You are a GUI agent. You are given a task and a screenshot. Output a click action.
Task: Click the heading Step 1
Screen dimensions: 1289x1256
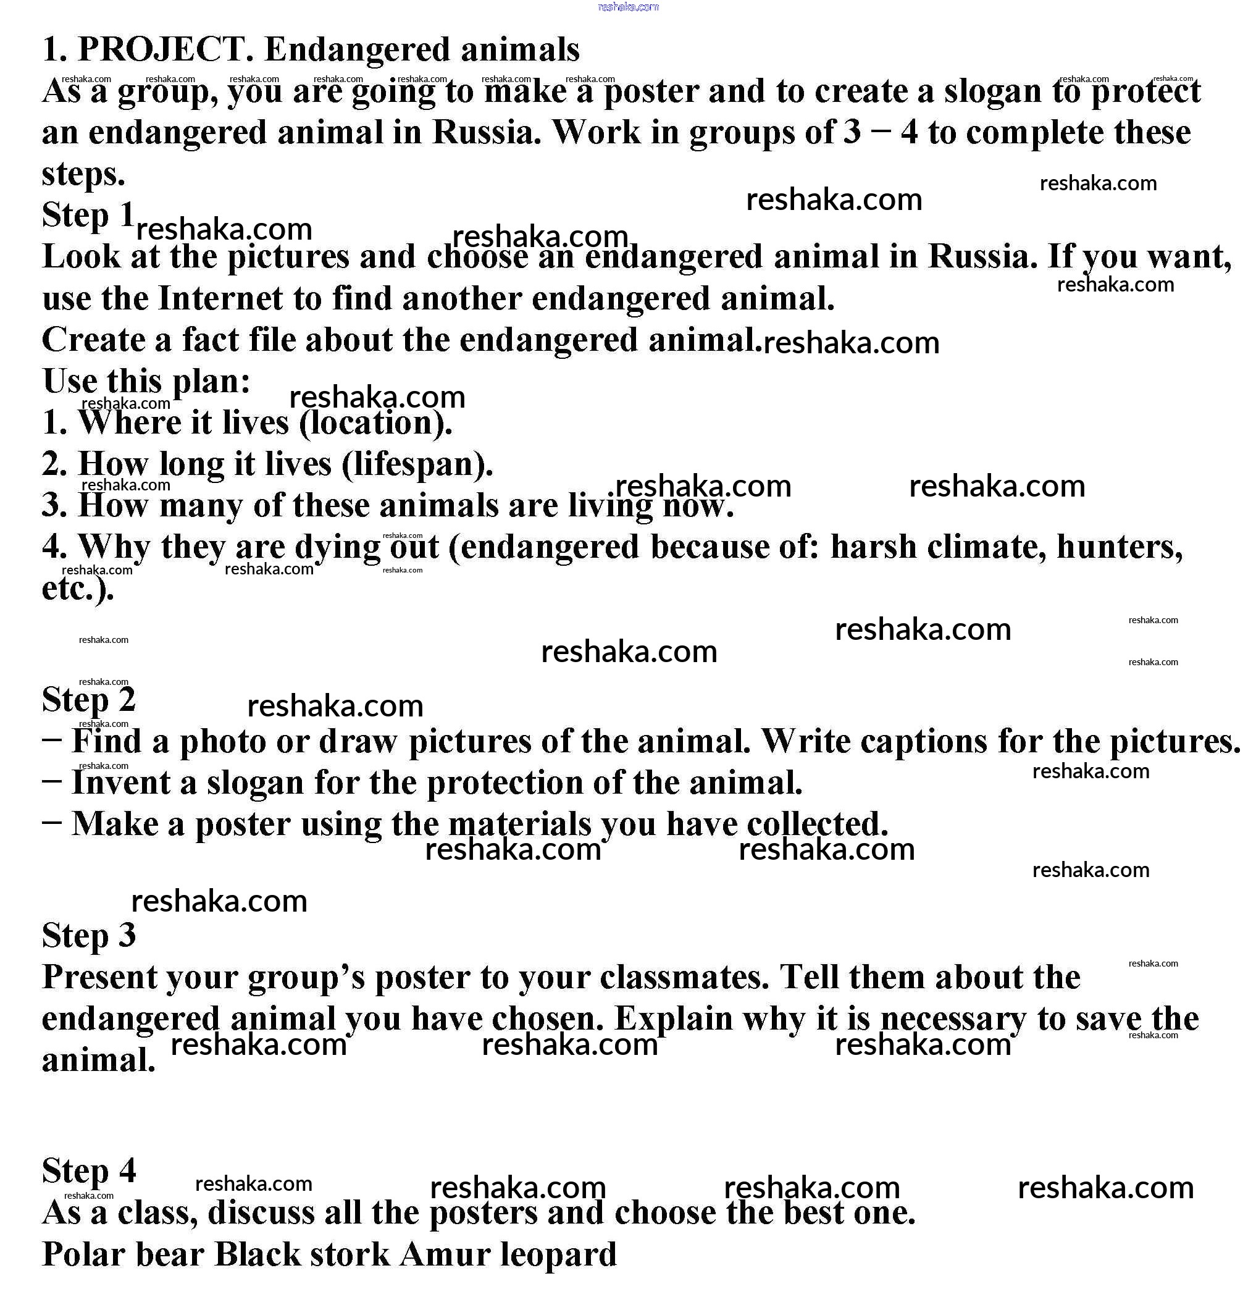click(x=88, y=215)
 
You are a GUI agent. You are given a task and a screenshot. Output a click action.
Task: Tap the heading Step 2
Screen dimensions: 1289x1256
click(x=88, y=699)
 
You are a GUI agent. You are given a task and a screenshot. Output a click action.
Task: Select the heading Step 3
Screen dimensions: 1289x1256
click(x=88, y=934)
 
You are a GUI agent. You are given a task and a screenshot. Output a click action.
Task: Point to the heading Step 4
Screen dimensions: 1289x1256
click(x=88, y=1171)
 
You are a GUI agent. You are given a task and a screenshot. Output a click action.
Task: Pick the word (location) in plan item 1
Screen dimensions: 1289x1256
click(x=375, y=422)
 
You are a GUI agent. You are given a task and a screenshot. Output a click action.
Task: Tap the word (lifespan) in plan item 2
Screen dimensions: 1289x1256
click(x=417, y=464)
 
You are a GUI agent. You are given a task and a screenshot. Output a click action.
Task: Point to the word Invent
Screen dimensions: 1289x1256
click(x=120, y=783)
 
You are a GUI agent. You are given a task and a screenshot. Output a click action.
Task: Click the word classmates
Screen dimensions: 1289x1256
click(x=684, y=977)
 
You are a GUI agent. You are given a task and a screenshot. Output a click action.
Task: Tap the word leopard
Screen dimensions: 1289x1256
click(x=558, y=1254)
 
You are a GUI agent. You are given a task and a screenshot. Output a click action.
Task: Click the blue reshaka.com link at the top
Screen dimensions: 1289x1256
click(x=628, y=7)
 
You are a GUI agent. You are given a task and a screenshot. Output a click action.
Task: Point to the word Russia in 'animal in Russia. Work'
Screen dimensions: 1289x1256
click(x=487, y=133)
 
